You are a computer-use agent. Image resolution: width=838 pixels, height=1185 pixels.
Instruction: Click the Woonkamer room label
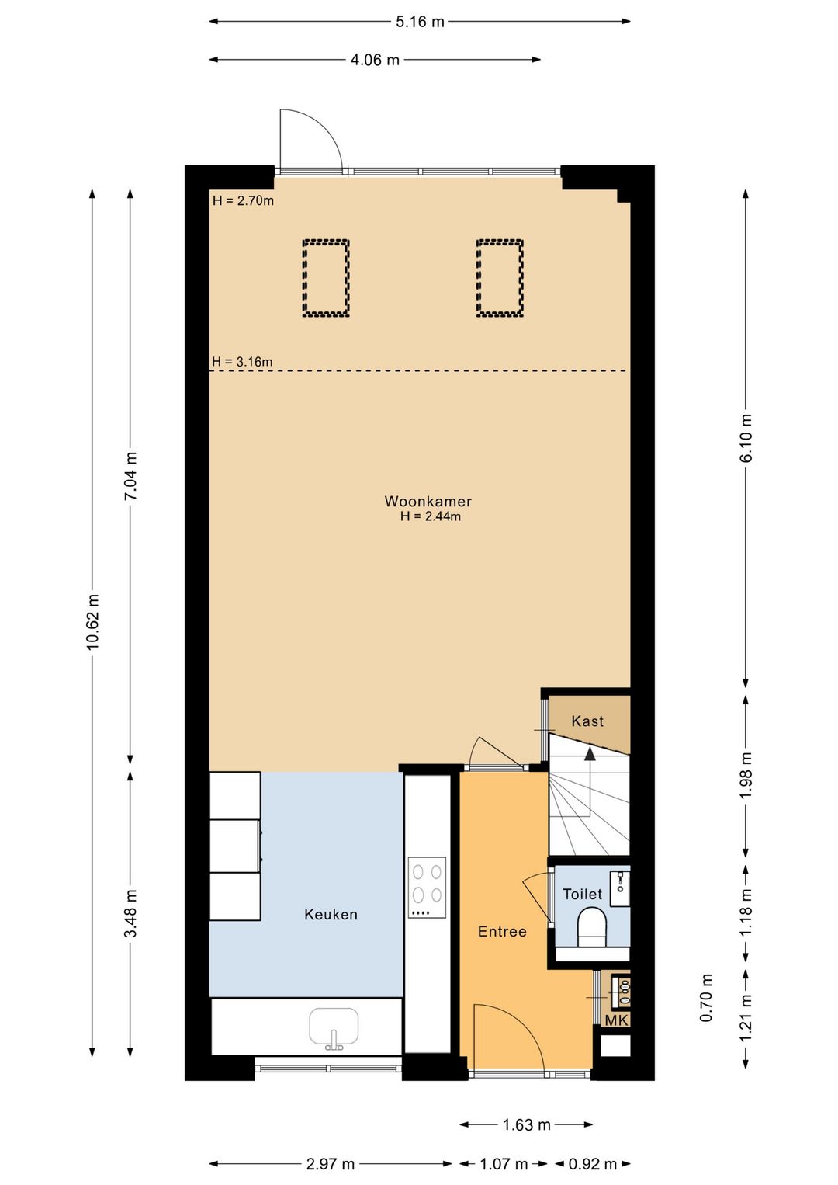click(428, 501)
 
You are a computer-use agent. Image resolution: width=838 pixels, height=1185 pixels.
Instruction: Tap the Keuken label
click(331, 914)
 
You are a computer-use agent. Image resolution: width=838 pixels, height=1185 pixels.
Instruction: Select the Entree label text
click(502, 932)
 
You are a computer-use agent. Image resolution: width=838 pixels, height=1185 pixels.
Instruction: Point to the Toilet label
click(583, 894)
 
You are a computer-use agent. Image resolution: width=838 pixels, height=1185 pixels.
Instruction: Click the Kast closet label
click(587, 721)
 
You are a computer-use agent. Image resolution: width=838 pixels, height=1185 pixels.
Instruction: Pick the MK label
click(616, 1020)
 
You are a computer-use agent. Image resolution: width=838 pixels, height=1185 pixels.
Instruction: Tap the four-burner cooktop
click(427, 888)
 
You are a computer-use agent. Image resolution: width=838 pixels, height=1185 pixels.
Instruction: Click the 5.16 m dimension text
click(421, 22)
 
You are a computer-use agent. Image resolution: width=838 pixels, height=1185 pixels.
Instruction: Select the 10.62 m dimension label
click(92, 621)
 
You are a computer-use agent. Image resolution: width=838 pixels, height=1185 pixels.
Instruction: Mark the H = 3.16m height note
click(242, 362)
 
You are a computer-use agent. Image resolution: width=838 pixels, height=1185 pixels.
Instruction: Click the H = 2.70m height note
click(243, 200)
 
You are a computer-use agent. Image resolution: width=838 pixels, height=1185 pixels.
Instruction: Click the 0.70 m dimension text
click(706, 998)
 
